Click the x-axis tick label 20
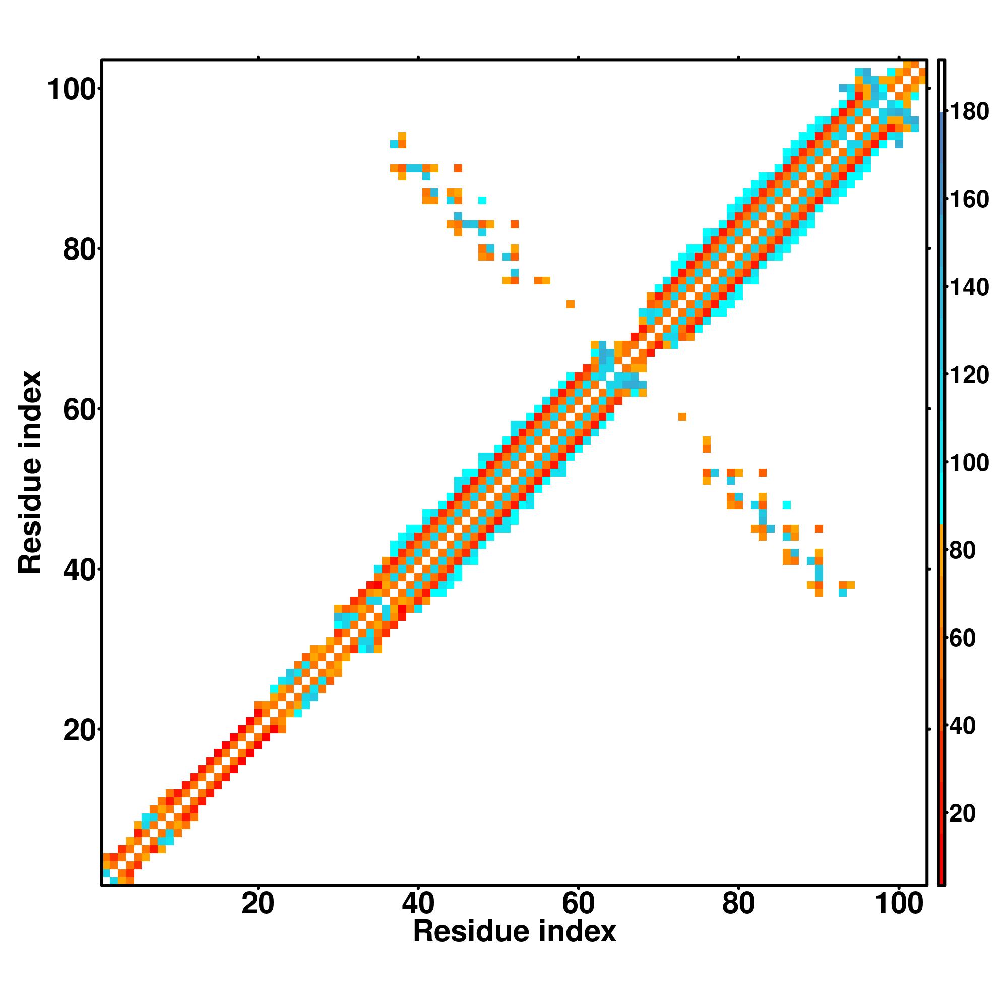(x=258, y=904)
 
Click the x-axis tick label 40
(x=418, y=904)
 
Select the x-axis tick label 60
(x=578, y=904)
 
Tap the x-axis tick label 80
(x=738, y=904)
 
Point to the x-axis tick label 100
(x=899, y=904)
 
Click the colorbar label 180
(x=969, y=112)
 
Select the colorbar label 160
(x=969, y=200)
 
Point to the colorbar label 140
(x=969, y=287)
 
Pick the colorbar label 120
(x=969, y=375)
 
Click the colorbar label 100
(x=969, y=463)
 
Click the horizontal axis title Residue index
(x=515, y=932)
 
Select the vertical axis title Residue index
(x=30, y=472)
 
